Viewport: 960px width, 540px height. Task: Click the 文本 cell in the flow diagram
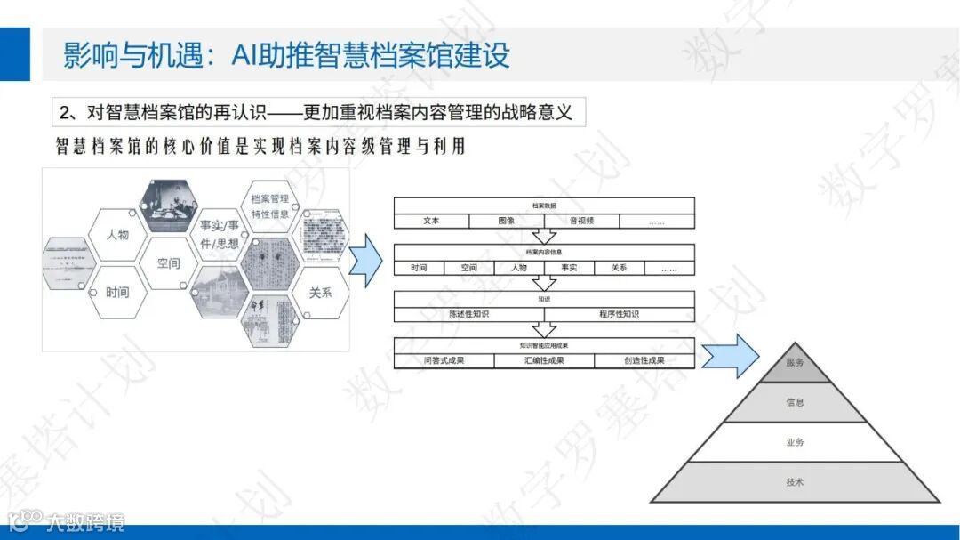(x=431, y=221)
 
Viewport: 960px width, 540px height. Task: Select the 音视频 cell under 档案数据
(x=581, y=221)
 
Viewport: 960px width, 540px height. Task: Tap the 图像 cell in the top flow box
(x=506, y=221)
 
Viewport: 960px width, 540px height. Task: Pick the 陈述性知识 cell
(x=468, y=314)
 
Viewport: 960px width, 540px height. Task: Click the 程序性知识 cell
(x=620, y=314)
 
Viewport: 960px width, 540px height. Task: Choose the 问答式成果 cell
(x=444, y=360)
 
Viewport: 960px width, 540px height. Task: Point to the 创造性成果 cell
(x=644, y=360)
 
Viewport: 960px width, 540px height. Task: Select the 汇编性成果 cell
(x=544, y=360)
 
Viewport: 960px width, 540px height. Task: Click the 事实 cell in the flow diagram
(x=569, y=268)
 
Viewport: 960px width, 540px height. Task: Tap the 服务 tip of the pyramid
(x=795, y=363)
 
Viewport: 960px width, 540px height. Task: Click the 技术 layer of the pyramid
(x=795, y=482)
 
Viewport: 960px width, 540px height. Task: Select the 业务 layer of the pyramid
(x=795, y=442)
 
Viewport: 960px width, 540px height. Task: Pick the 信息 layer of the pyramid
(x=795, y=403)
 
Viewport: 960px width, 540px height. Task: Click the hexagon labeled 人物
(x=117, y=235)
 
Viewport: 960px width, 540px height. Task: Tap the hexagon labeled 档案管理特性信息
(x=269, y=206)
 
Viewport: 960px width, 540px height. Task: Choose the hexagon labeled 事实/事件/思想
(x=219, y=234)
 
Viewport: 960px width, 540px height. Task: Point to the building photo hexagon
(x=219, y=293)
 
